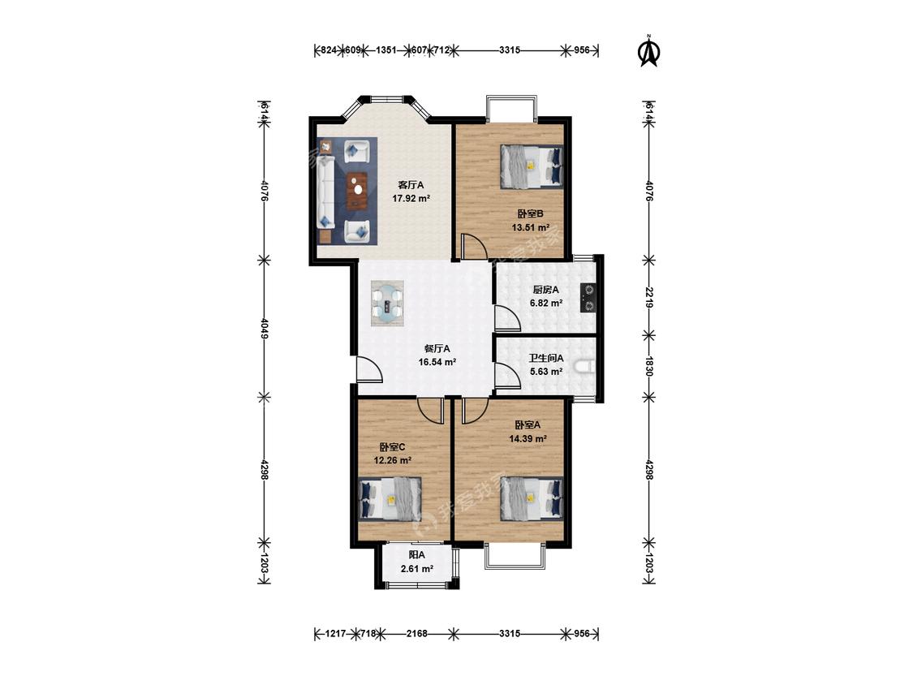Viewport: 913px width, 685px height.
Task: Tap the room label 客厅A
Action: click(411, 185)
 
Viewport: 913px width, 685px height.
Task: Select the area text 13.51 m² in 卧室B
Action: click(531, 227)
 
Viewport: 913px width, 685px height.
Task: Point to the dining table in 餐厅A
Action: click(388, 304)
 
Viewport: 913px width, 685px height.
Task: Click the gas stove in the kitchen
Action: click(588, 298)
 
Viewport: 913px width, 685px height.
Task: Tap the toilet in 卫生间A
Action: click(584, 367)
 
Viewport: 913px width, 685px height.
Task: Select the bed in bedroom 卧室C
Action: click(390, 499)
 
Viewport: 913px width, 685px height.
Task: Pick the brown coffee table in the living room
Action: click(356, 191)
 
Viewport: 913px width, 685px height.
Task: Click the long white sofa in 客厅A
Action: click(325, 192)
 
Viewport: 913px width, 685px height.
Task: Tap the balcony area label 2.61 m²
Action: click(417, 568)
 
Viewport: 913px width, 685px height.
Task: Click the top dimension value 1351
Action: click(386, 50)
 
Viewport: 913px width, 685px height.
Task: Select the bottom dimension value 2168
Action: click(417, 633)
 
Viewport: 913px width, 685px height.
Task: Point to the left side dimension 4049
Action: click(265, 328)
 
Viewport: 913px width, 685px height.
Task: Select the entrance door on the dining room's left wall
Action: click(368, 369)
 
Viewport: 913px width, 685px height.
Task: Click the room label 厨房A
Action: click(545, 290)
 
